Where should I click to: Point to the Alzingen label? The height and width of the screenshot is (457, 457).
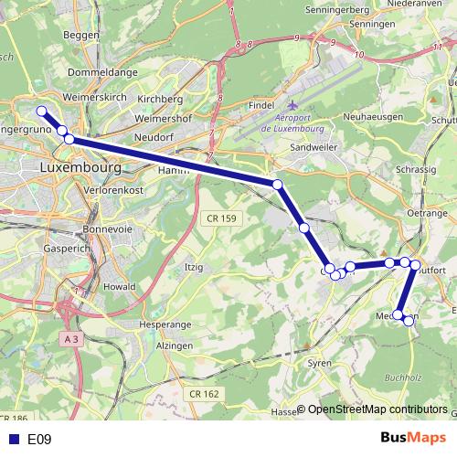coord(174,346)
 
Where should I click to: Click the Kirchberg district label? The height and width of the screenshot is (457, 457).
coord(160,99)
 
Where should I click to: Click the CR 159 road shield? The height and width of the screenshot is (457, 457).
coord(218,218)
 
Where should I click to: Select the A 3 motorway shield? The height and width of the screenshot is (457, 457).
coord(72,338)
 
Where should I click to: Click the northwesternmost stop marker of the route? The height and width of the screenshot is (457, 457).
coord(41,112)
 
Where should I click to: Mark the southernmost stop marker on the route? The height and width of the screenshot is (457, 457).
coord(409,321)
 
